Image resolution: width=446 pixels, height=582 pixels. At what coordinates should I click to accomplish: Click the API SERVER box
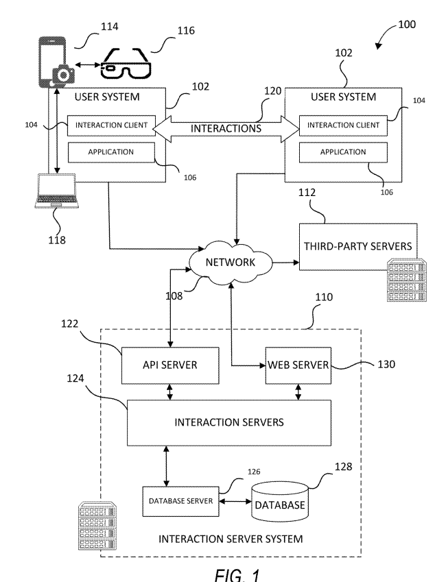point(170,365)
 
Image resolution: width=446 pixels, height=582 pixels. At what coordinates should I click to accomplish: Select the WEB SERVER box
point(298,365)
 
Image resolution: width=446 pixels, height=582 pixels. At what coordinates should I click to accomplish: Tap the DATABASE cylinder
point(280,502)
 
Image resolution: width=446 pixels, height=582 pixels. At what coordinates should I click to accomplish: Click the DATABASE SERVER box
point(180,501)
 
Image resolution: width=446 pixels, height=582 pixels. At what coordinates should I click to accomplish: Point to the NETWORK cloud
point(231,263)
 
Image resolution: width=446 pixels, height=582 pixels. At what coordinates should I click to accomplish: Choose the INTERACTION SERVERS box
point(229,422)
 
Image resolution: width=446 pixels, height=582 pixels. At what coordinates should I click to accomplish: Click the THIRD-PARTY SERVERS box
point(358,247)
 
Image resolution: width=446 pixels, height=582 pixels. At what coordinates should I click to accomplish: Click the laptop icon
point(56,191)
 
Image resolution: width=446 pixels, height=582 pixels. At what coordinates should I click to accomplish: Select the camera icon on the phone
point(64,75)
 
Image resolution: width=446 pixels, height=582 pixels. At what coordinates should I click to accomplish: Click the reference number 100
point(407,25)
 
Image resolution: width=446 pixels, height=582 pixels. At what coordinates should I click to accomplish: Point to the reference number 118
point(57,240)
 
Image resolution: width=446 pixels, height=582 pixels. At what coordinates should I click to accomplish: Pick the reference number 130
point(386,364)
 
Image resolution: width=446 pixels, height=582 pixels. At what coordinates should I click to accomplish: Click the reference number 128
point(343,467)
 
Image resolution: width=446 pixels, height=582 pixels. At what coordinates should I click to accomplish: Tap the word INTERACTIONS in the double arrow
point(226,128)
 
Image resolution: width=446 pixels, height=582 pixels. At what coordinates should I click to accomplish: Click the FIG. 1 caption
point(237,574)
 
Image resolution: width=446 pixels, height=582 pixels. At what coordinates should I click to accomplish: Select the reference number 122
point(70,324)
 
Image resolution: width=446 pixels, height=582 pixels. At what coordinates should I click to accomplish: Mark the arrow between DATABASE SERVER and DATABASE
point(235,502)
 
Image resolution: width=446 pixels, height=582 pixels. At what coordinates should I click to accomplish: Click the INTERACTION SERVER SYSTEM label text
point(231,539)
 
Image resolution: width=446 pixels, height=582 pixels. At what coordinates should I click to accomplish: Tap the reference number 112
point(307,192)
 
